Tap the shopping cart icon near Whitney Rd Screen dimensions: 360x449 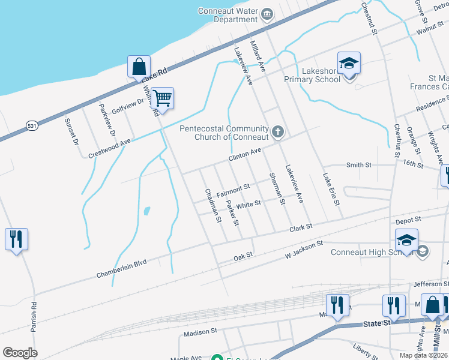click(162, 97)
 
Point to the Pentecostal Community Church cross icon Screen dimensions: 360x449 click(277, 131)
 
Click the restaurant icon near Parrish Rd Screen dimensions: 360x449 click(16, 239)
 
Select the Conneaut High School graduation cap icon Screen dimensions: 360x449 click(406, 240)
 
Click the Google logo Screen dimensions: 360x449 click(20, 353)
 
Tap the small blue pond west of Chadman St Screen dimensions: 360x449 click(147, 211)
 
